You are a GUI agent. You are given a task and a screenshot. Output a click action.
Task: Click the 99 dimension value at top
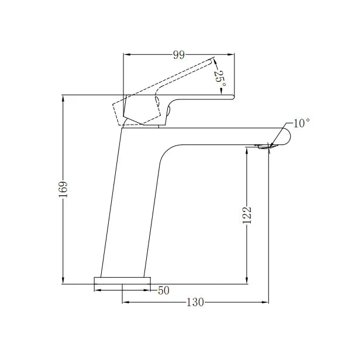click(179, 55)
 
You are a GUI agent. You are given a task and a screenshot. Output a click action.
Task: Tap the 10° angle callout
click(301, 123)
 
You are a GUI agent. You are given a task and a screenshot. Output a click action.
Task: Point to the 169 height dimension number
click(64, 189)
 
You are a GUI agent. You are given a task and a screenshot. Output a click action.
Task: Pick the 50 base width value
click(164, 290)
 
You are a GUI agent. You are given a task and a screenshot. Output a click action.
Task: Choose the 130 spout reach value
click(195, 302)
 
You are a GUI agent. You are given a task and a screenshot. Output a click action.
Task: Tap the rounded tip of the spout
click(285, 136)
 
